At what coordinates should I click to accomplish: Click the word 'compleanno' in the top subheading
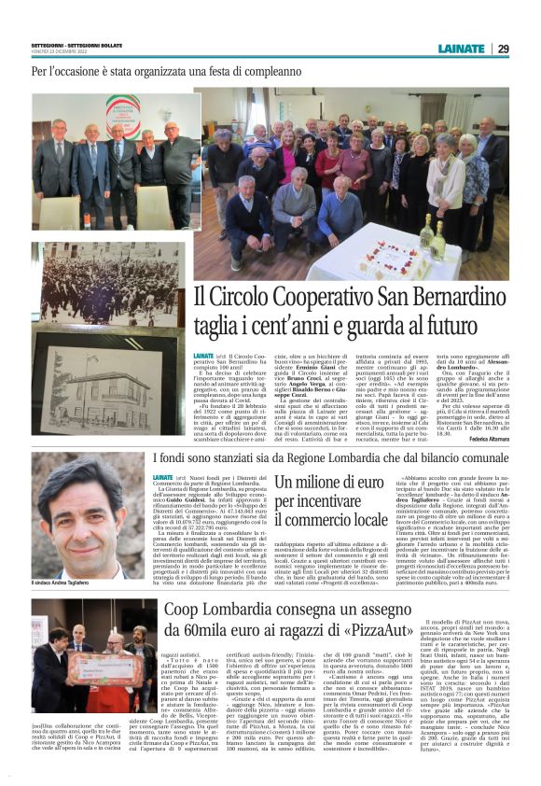tap(257, 70)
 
